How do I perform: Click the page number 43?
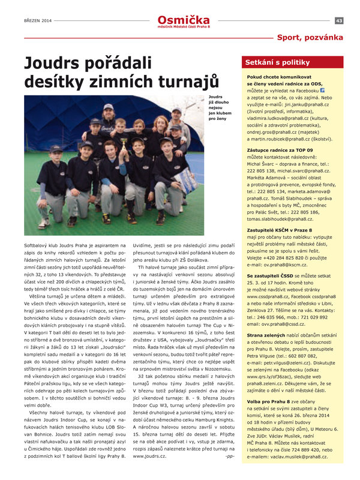tap(339, 20)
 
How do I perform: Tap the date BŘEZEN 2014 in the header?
tap(38, 20)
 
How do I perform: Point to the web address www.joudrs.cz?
tap(146, 457)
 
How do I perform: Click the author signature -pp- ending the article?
tap(229, 457)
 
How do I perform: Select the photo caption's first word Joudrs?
tap(215, 96)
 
